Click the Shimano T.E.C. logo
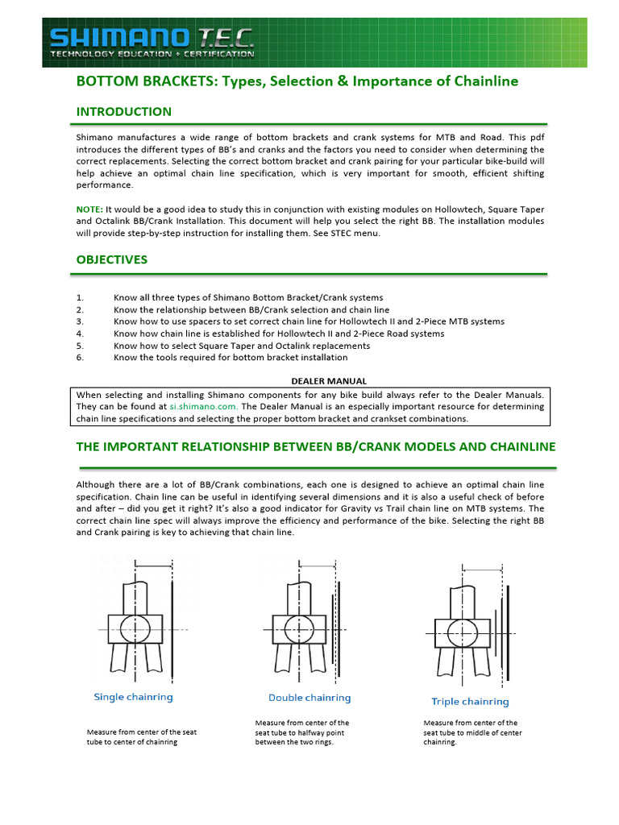click(x=152, y=43)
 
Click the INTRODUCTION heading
click(x=123, y=111)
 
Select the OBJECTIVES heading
click(x=111, y=259)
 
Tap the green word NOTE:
click(x=89, y=209)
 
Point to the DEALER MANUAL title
click(x=328, y=381)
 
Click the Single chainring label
click(x=133, y=697)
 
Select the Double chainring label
click(x=309, y=698)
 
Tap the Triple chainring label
click(x=470, y=702)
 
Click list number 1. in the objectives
click(x=80, y=297)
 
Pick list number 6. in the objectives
click(x=80, y=357)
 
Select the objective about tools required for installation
click(x=231, y=357)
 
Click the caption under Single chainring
click(x=142, y=737)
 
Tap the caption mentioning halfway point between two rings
click(x=302, y=732)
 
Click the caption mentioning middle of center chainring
click(x=472, y=732)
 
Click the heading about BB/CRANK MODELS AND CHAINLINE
click(x=315, y=446)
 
